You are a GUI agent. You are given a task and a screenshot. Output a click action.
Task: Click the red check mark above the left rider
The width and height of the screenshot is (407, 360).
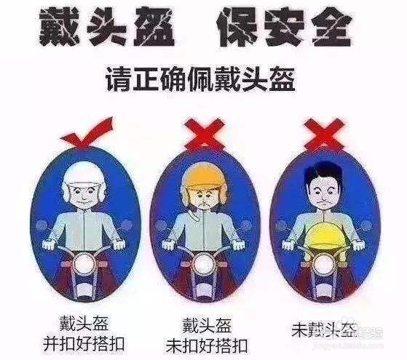(87, 133)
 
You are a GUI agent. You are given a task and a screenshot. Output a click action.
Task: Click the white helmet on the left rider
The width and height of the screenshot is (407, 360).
(84, 175)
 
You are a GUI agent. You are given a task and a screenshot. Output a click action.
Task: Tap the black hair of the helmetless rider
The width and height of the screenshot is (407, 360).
(323, 167)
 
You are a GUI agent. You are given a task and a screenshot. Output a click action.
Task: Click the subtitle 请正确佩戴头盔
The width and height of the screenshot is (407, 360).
(204, 76)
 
